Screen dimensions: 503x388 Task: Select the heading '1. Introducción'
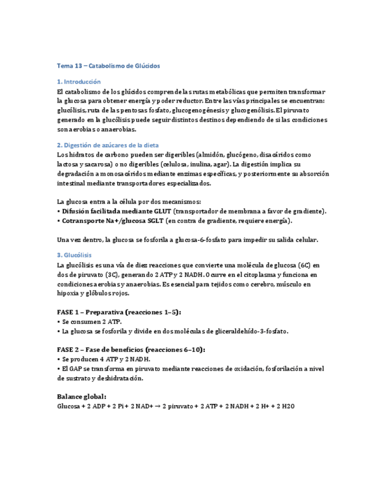79,82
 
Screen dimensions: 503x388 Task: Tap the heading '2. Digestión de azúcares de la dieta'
107,145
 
